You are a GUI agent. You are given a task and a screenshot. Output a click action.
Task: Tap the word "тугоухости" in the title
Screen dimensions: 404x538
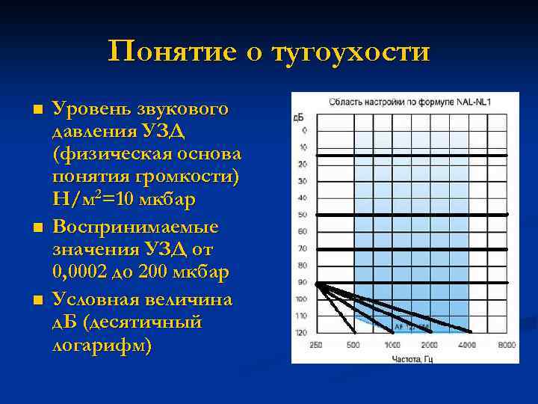pos(351,52)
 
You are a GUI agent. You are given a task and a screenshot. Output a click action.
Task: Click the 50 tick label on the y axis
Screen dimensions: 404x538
pos(302,215)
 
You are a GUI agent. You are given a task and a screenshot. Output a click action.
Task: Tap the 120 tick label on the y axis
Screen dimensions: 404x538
pos(301,332)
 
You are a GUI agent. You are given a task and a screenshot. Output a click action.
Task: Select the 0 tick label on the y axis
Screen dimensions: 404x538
pos(304,131)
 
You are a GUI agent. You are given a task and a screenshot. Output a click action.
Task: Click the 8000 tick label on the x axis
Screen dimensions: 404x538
pos(507,345)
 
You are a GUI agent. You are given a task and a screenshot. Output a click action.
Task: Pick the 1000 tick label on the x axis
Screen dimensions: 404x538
pos(392,345)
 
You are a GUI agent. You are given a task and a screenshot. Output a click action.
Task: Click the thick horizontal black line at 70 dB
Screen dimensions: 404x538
pos(411,248)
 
